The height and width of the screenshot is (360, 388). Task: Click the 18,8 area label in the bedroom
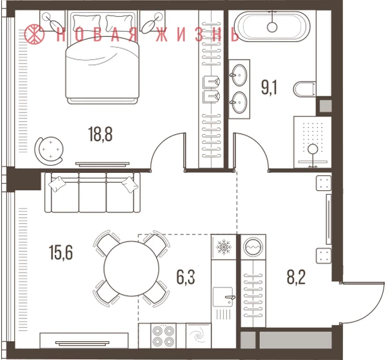(100, 134)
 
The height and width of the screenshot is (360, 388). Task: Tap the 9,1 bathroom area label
(269, 87)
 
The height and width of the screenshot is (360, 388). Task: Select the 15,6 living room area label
(61, 253)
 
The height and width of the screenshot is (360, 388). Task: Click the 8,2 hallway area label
(296, 277)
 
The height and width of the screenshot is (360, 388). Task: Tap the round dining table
(131, 268)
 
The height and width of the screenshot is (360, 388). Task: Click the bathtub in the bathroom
(272, 27)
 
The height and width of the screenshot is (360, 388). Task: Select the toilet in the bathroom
(305, 89)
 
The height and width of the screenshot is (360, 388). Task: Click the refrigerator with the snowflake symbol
(224, 247)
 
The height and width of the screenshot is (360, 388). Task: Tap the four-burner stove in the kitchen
(163, 335)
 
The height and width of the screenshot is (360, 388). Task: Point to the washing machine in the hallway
(253, 247)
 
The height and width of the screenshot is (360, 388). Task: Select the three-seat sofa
(92, 192)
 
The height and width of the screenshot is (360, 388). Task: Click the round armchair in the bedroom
(49, 150)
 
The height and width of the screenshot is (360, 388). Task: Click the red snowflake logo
(34, 33)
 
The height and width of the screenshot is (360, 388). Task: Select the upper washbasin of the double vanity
(239, 75)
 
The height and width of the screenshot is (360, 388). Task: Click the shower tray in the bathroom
(312, 142)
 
